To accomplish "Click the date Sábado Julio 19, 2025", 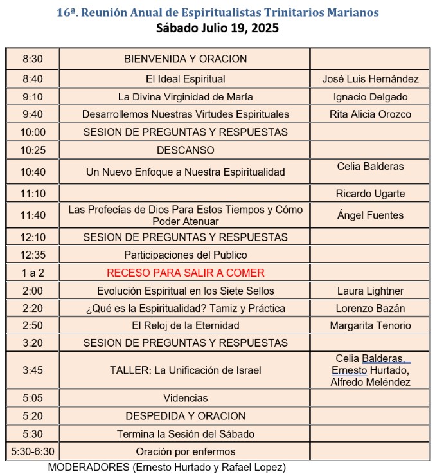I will (217, 28).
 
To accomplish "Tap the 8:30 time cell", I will (32, 59).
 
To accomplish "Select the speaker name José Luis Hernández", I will (370, 79).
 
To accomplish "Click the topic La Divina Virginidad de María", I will (185, 97).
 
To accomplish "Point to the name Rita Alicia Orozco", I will (370, 114).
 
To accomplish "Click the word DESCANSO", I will (185, 150).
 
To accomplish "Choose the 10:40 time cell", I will (32, 172).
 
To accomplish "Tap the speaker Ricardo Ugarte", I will (370, 194).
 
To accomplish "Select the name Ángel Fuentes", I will (370, 215).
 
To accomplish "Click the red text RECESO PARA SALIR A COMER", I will (185, 273).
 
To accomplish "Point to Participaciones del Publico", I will (185, 255).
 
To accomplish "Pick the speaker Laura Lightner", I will (370, 291).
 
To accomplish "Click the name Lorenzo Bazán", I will (370, 308).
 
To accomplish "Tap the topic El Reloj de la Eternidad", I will (185, 325).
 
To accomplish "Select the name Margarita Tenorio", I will (370, 325).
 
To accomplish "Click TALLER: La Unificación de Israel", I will (185, 370).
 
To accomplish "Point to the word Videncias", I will (185, 398).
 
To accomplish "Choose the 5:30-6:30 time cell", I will (32, 451).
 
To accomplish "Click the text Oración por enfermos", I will (185, 451).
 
